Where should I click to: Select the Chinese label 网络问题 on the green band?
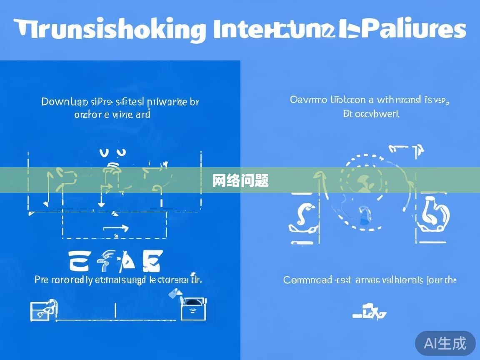[240, 181]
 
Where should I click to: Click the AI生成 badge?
[445, 343]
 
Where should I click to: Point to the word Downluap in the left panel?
[65, 102]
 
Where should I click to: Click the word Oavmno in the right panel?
[304, 100]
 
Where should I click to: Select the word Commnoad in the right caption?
[307, 280]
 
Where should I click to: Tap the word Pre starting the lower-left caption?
[41, 280]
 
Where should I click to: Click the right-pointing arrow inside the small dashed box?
[116, 228]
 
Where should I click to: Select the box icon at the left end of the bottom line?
[43, 310]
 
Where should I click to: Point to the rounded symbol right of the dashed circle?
[433, 217]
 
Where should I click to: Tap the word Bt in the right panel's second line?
[348, 114]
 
